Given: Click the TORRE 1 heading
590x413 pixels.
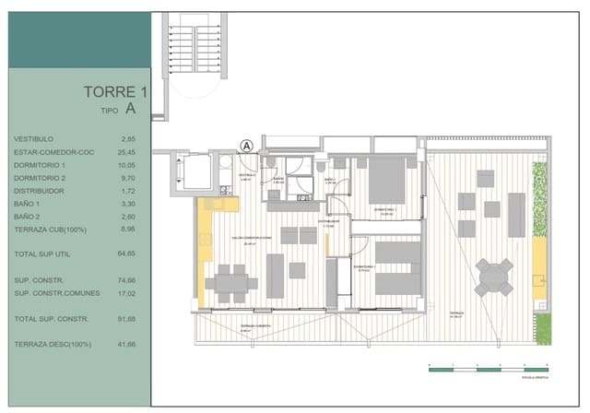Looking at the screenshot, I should pyautogui.click(x=115, y=92).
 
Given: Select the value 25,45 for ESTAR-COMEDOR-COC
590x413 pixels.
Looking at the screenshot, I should pyautogui.click(x=127, y=151).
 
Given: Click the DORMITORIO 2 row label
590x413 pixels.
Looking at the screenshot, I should pyautogui.click(x=40, y=177).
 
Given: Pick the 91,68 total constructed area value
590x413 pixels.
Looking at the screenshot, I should pyautogui.click(x=127, y=319).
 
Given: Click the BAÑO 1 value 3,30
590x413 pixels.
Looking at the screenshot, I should pyautogui.click(x=129, y=203).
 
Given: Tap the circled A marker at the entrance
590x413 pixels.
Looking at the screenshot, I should pyautogui.click(x=246, y=146).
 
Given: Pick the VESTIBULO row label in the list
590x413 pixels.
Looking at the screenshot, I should pyautogui.click(x=34, y=138).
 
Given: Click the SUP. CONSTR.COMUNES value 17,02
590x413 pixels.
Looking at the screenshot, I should pyautogui.click(x=127, y=293).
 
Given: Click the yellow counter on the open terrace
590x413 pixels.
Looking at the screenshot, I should pyautogui.click(x=537, y=268).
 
